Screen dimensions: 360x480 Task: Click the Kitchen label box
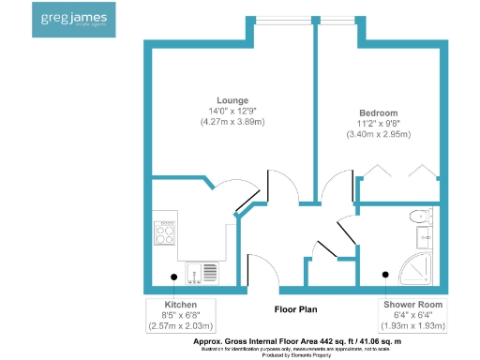tap(181, 315)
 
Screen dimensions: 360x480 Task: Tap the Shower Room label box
tap(413, 315)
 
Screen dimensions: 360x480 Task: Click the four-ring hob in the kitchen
tap(166, 232)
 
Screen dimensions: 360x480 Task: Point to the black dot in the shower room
tap(385, 276)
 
